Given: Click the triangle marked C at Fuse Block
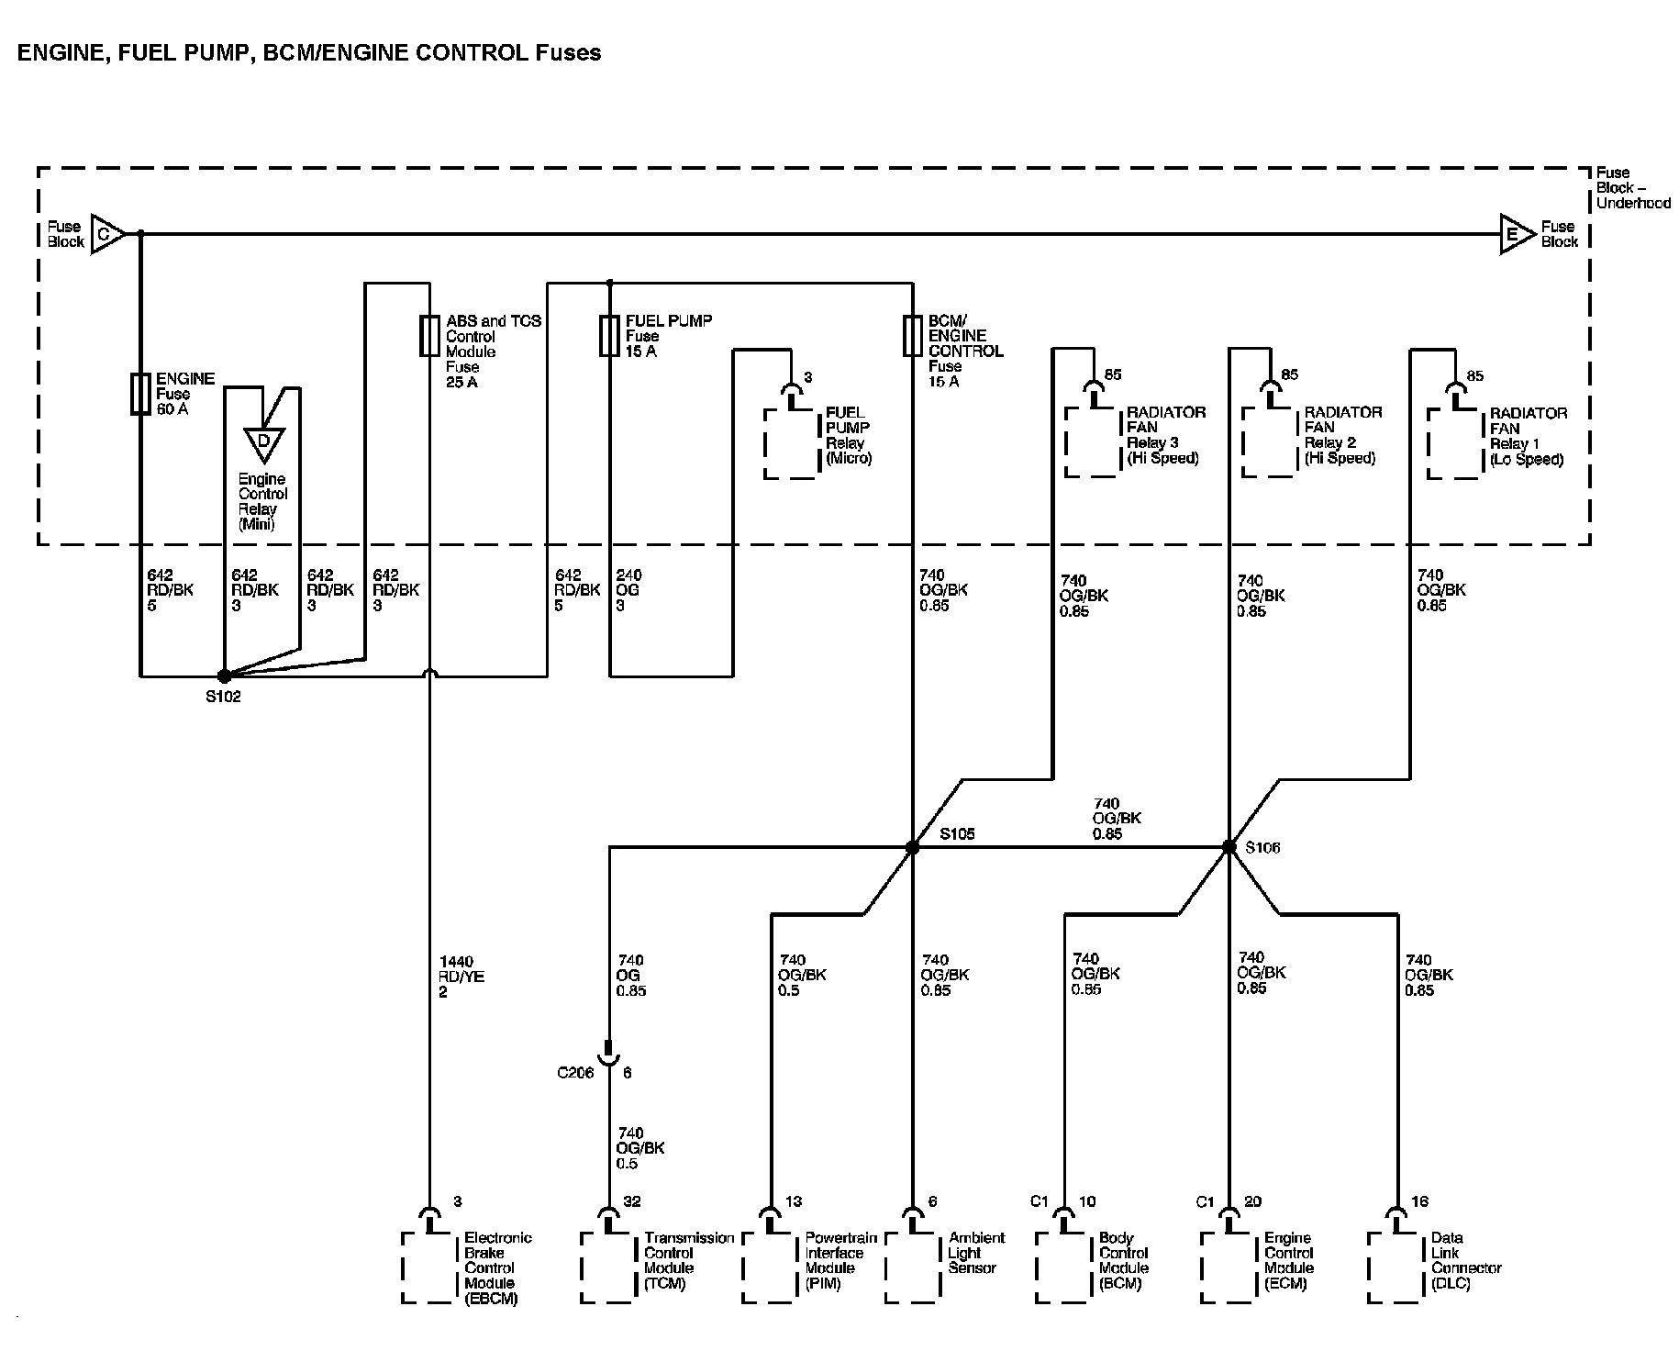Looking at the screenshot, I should [x=106, y=234].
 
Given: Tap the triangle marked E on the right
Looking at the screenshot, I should [x=1515, y=234].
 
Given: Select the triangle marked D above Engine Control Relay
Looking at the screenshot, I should [x=263, y=443].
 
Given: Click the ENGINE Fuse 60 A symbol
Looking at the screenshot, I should [x=140, y=394].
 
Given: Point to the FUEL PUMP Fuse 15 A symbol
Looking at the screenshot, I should [x=609, y=336].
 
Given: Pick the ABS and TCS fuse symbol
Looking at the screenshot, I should [x=428, y=336].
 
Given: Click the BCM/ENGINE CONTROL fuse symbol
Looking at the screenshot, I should [x=912, y=336].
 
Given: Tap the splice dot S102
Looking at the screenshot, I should [x=224, y=676].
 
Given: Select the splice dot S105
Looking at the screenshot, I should [x=912, y=847].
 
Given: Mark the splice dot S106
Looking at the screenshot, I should [x=1229, y=847].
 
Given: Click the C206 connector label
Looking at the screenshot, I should [x=576, y=1073].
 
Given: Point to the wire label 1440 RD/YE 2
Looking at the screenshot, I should [x=461, y=977].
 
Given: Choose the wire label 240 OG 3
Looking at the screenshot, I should [x=629, y=590].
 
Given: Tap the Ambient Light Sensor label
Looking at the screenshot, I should [x=976, y=1253].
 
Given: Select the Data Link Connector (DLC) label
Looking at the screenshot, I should [x=1465, y=1260].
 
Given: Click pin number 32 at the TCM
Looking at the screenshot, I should [x=632, y=1201].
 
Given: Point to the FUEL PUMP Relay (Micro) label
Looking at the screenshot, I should [x=848, y=435].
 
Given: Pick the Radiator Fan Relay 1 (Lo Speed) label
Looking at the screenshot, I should [x=1528, y=436].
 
